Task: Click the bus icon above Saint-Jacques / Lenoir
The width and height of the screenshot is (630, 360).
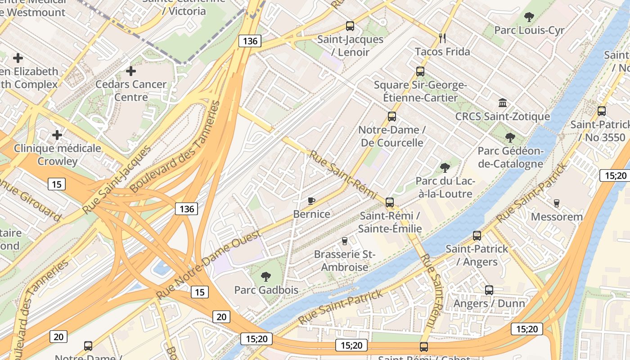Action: coord(350,26)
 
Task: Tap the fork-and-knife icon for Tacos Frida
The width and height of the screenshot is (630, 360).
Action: coord(442,38)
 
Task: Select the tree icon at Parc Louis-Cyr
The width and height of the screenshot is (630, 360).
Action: coord(529,17)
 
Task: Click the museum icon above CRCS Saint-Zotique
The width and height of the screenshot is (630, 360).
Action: coord(503,103)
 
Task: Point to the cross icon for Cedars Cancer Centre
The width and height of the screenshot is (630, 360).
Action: coord(131,71)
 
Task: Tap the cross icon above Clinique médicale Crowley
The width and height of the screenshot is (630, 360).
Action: coord(57,135)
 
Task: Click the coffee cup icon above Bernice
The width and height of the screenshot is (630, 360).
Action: coord(311,201)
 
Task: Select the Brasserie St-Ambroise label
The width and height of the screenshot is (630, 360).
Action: coord(344,261)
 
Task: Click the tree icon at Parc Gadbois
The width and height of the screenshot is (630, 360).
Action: coord(266,276)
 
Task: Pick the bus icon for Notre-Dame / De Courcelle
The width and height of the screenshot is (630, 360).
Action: coord(392,117)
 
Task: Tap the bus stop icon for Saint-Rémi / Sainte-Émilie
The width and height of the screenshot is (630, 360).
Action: coord(390,202)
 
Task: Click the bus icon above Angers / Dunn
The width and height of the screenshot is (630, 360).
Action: coord(489,290)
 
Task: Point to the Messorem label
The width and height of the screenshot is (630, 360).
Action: coord(557,217)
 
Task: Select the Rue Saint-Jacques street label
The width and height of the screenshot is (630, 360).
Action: coord(117,180)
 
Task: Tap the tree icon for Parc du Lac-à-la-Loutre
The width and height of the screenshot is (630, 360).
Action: coord(445,168)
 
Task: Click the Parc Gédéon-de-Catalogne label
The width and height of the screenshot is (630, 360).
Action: coord(510,157)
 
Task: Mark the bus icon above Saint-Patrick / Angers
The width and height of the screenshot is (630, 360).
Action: coord(477,235)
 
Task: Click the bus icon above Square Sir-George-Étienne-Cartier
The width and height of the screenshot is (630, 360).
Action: coord(420,72)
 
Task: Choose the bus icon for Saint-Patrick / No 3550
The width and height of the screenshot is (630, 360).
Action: coord(602,111)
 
